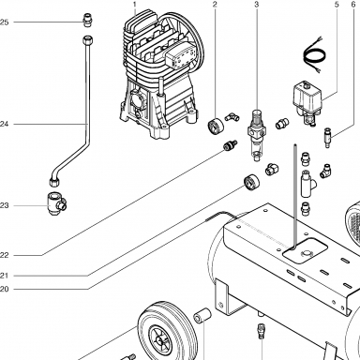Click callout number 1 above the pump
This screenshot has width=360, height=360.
click(x=135, y=5)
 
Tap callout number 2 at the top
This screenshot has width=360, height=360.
click(x=215, y=5)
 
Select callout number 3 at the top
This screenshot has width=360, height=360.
click(x=257, y=5)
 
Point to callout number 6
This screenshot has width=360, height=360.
click(x=353, y=5)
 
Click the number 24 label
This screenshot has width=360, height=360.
click(x=4, y=124)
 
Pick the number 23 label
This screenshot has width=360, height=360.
click(x=4, y=205)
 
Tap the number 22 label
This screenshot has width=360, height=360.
click(x=4, y=255)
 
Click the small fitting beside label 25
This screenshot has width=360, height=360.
click(x=88, y=21)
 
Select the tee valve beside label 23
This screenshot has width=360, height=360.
click(x=56, y=203)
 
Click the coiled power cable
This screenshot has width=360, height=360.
click(x=314, y=56)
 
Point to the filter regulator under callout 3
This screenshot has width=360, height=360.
click(x=257, y=135)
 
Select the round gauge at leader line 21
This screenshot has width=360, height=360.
click(x=251, y=182)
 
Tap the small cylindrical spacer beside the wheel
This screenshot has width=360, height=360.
click(x=202, y=315)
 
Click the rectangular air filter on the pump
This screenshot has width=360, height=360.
click(x=182, y=56)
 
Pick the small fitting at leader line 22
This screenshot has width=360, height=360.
click(x=230, y=144)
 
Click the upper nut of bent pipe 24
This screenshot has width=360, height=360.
click(x=88, y=40)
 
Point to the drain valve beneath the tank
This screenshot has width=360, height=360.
click(x=262, y=332)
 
